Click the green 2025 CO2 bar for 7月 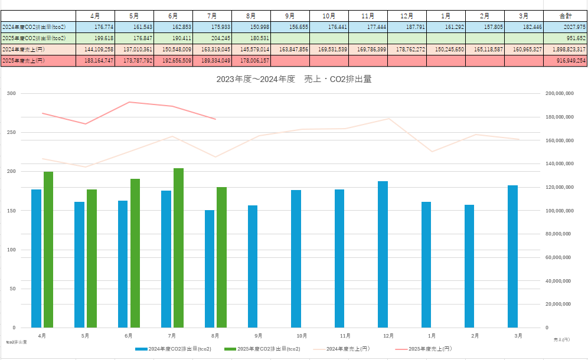click(178, 248)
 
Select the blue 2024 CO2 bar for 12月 click(383, 254)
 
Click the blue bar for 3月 click(512, 256)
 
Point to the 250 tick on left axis click(11, 132)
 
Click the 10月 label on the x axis click(302, 336)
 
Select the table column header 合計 click(565, 15)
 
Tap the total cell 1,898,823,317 click(565, 49)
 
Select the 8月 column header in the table click(251, 15)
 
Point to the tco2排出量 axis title click(16, 342)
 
